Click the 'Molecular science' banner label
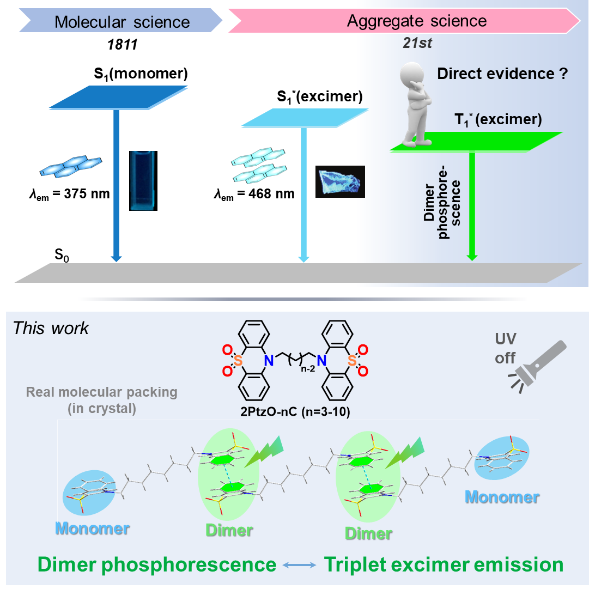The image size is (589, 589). coord(122,22)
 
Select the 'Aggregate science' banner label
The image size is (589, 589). coord(417,21)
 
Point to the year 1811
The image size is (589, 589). coord(122,44)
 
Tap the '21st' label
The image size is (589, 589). coord(418,44)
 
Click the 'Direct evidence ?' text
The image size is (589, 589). coord(502,74)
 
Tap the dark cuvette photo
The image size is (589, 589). coord(143,180)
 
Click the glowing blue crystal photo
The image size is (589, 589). coord(340,181)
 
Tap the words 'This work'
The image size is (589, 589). coord(51,329)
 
